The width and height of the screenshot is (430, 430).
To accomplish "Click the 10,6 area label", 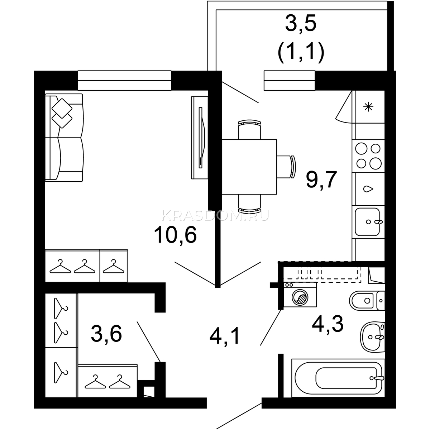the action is click(175, 235).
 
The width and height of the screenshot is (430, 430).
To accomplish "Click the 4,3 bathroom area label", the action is click(328, 325).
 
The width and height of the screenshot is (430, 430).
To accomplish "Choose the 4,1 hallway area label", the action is click(225, 337).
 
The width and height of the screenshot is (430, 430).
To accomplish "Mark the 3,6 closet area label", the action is click(106, 334).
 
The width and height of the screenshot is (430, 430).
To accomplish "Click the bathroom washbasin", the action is click(372, 337).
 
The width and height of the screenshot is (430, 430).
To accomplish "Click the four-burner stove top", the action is click(368, 156).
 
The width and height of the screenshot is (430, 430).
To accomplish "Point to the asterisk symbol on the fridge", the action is click(368, 107).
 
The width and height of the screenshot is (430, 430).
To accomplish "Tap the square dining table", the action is click(249, 167).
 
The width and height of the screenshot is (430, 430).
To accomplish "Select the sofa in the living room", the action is click(64, 138).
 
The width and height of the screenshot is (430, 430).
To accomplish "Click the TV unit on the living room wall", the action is click(200, 138).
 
